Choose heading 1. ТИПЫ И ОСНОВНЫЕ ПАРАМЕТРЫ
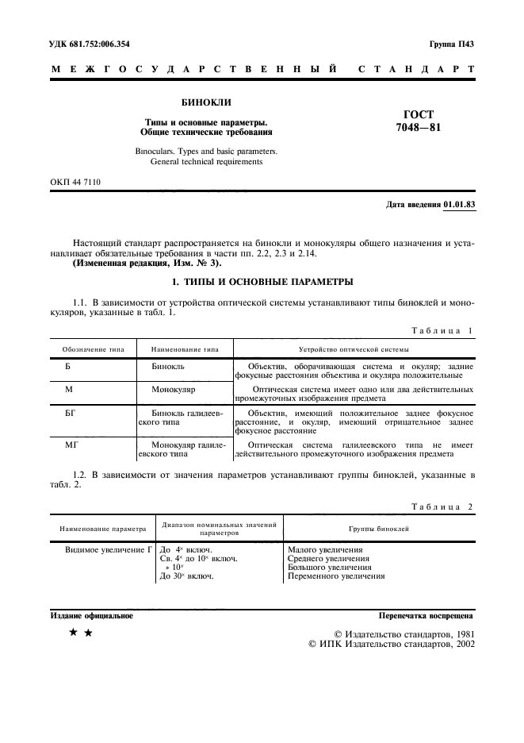point(262,282)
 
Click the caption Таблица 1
point(441,330)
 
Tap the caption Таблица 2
point(441,506)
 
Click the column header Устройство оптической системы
point(354,349)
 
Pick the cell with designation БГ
point(71,414)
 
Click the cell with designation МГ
point(71,446)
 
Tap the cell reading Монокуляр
point(174,391)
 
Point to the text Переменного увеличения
point(336,577)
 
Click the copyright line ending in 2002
point(391,645)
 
